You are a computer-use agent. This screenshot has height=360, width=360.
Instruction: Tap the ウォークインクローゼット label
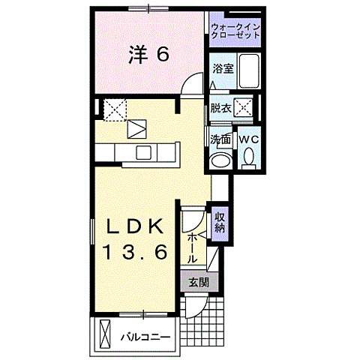coord(235,31)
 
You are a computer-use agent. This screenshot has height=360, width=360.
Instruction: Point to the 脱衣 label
coord(220,108)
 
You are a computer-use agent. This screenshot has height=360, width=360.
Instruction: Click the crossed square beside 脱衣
coord(242,108)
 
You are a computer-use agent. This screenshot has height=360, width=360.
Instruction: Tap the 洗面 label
coord(220,139)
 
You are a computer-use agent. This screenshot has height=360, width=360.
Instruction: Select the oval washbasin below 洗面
coord(220,160)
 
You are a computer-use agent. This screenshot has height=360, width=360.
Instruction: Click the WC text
coord(248,139)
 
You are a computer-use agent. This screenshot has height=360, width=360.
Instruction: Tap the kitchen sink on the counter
coord(142,152)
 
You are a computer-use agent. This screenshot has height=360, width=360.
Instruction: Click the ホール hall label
coord(192,246)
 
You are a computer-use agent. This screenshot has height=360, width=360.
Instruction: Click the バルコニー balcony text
coord(147,336)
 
